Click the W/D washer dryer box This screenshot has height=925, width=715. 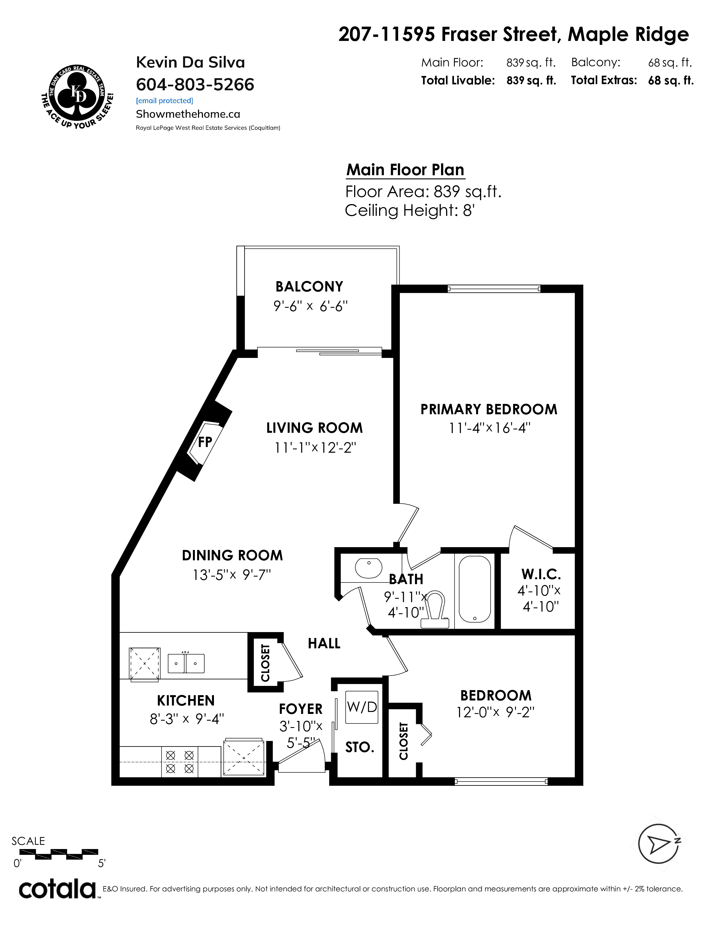(361, 707)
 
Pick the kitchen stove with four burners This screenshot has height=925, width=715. (180, 762)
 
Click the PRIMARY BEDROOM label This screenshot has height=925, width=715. (489, 410)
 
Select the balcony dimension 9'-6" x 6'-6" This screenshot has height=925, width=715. (310, 306)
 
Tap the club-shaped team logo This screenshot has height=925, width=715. (77, 97)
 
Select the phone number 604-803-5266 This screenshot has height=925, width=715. (195, 85)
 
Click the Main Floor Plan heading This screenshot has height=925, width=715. (405, 170)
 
